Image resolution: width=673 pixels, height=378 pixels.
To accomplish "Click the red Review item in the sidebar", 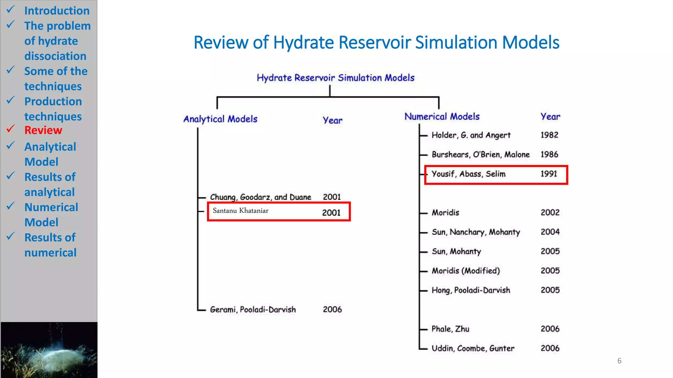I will pyautogui.click(x=43, y=130).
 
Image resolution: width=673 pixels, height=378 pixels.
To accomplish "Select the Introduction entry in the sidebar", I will pyautogui.click(x=57, y=11).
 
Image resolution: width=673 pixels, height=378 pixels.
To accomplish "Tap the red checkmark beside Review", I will pyautogui.click(x=11, y=129).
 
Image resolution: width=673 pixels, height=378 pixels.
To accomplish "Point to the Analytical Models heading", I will pyautogui.click(x=220, y=119).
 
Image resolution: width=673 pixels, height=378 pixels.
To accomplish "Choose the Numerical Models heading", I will pyautogui.click(x=442, y=116).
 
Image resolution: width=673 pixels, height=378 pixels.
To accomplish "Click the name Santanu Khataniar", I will pyautogui.click(x=241, y=211).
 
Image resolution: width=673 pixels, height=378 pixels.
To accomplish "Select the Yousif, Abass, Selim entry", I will pyautogui.click(x=468, y=174).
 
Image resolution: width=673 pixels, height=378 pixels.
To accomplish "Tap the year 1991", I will pyautogui.click(x=549, y=174).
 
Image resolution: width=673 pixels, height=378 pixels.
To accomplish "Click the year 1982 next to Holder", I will pyautogui.click(x=549, y=135).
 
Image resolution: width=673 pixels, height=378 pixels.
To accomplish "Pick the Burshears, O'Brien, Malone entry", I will pyautogui.click(x=480, y=155).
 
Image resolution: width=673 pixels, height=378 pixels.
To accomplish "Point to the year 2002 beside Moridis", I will pyautogui.click(x=550, y=213).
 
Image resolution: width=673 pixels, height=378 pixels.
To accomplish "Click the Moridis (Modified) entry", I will pyautogui.click(x=466, y=271).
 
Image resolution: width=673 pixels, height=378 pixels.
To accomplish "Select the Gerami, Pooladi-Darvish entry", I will pyautogui.click(x=253, y=309).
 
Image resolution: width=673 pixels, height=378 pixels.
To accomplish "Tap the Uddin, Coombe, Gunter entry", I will pyautogui.click(x=473, y=348).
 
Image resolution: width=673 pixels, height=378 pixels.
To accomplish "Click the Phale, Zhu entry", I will pyautogui.click(x=450, y=329).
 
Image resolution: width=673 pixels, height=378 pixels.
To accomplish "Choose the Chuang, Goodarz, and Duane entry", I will pyautogui.click(x=260, y=197).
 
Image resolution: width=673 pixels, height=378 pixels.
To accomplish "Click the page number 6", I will pyautogui.click(x=619, y=361).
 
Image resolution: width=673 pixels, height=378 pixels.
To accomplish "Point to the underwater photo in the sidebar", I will pyautogui.click(x=49, y=350).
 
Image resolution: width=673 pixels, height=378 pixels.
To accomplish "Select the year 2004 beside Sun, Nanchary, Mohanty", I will pyautogui.click(x=550, y=232).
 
